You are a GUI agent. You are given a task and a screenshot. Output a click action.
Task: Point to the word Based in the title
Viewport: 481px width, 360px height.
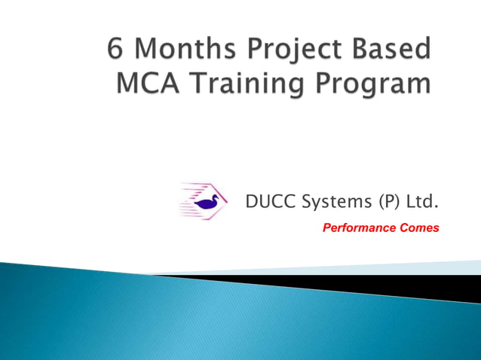394,50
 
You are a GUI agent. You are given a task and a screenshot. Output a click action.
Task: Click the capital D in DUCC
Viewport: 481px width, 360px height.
251,202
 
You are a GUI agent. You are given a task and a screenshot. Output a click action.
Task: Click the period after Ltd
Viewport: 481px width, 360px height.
437,207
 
